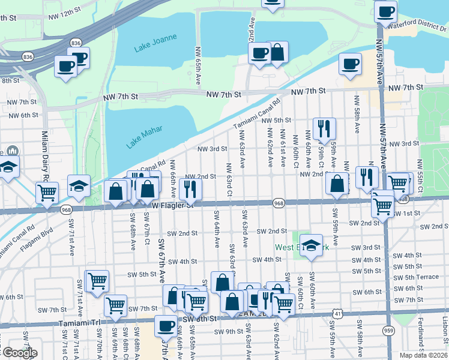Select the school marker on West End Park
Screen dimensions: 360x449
coord(311,245)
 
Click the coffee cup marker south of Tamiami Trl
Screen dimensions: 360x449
coord(166,326)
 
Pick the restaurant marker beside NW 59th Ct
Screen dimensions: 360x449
coord(324,128)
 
